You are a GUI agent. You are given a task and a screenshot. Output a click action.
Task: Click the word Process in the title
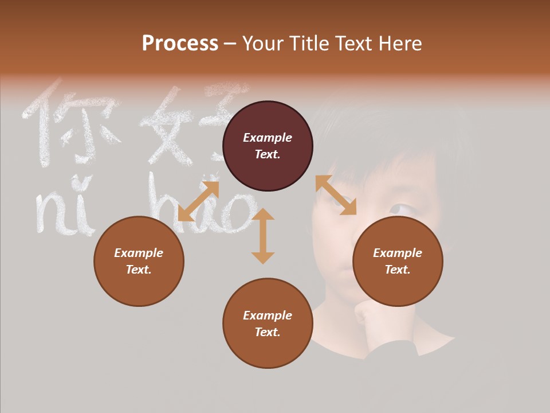[180, 44]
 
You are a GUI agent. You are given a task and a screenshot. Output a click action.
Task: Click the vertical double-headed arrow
[263, 236]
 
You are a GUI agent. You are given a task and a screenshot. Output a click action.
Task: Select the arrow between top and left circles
[198, 201]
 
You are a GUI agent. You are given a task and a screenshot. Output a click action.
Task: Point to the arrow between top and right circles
[336, 195]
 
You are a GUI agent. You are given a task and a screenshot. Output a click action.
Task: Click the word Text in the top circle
[268, 154]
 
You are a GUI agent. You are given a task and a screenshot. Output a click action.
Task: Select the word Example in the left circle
[139, 253]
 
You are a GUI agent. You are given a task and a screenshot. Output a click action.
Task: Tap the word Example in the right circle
[398, 253]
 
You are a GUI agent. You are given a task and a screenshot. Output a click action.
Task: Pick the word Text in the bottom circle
[268, 332]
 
